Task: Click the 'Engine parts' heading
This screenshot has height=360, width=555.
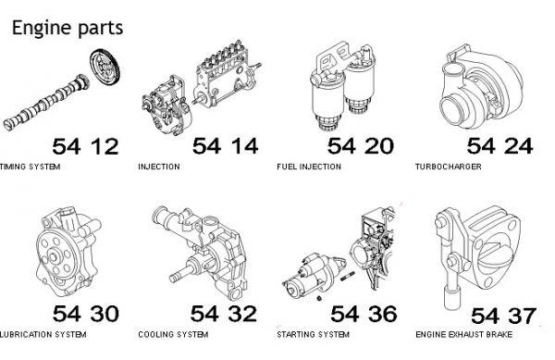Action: click(x=68, y=28)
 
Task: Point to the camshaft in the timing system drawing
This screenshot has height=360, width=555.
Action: click(x=46, y=102)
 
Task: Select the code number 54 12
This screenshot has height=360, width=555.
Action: click(x=85, y=146)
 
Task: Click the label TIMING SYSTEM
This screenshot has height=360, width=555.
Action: click(x=31, y=167)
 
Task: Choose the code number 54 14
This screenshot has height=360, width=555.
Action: click(x=225, y=146)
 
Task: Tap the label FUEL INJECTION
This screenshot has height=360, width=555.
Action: click(x=309, y=167)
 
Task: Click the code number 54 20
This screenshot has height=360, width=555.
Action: click(x=361, y=146)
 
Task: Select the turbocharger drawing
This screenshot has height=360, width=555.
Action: click(x=482, y=87)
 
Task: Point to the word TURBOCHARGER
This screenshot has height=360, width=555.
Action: click(x=449, y=167)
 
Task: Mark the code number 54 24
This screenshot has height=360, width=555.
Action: click(x=499, y=146)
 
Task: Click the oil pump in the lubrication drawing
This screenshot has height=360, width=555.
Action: click(x=68, y=253)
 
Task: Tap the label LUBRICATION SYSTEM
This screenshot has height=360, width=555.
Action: click(x=43, y=334)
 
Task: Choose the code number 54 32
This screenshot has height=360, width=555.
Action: click(x=224, y=314)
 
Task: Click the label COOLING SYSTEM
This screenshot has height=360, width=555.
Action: click(x=173, y=334)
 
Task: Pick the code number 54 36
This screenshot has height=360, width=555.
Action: click(x=364, y=314)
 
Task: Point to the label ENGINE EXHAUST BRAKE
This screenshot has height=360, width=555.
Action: click(x=464, y=334)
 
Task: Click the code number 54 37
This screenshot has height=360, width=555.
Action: click(x=503, y=316)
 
